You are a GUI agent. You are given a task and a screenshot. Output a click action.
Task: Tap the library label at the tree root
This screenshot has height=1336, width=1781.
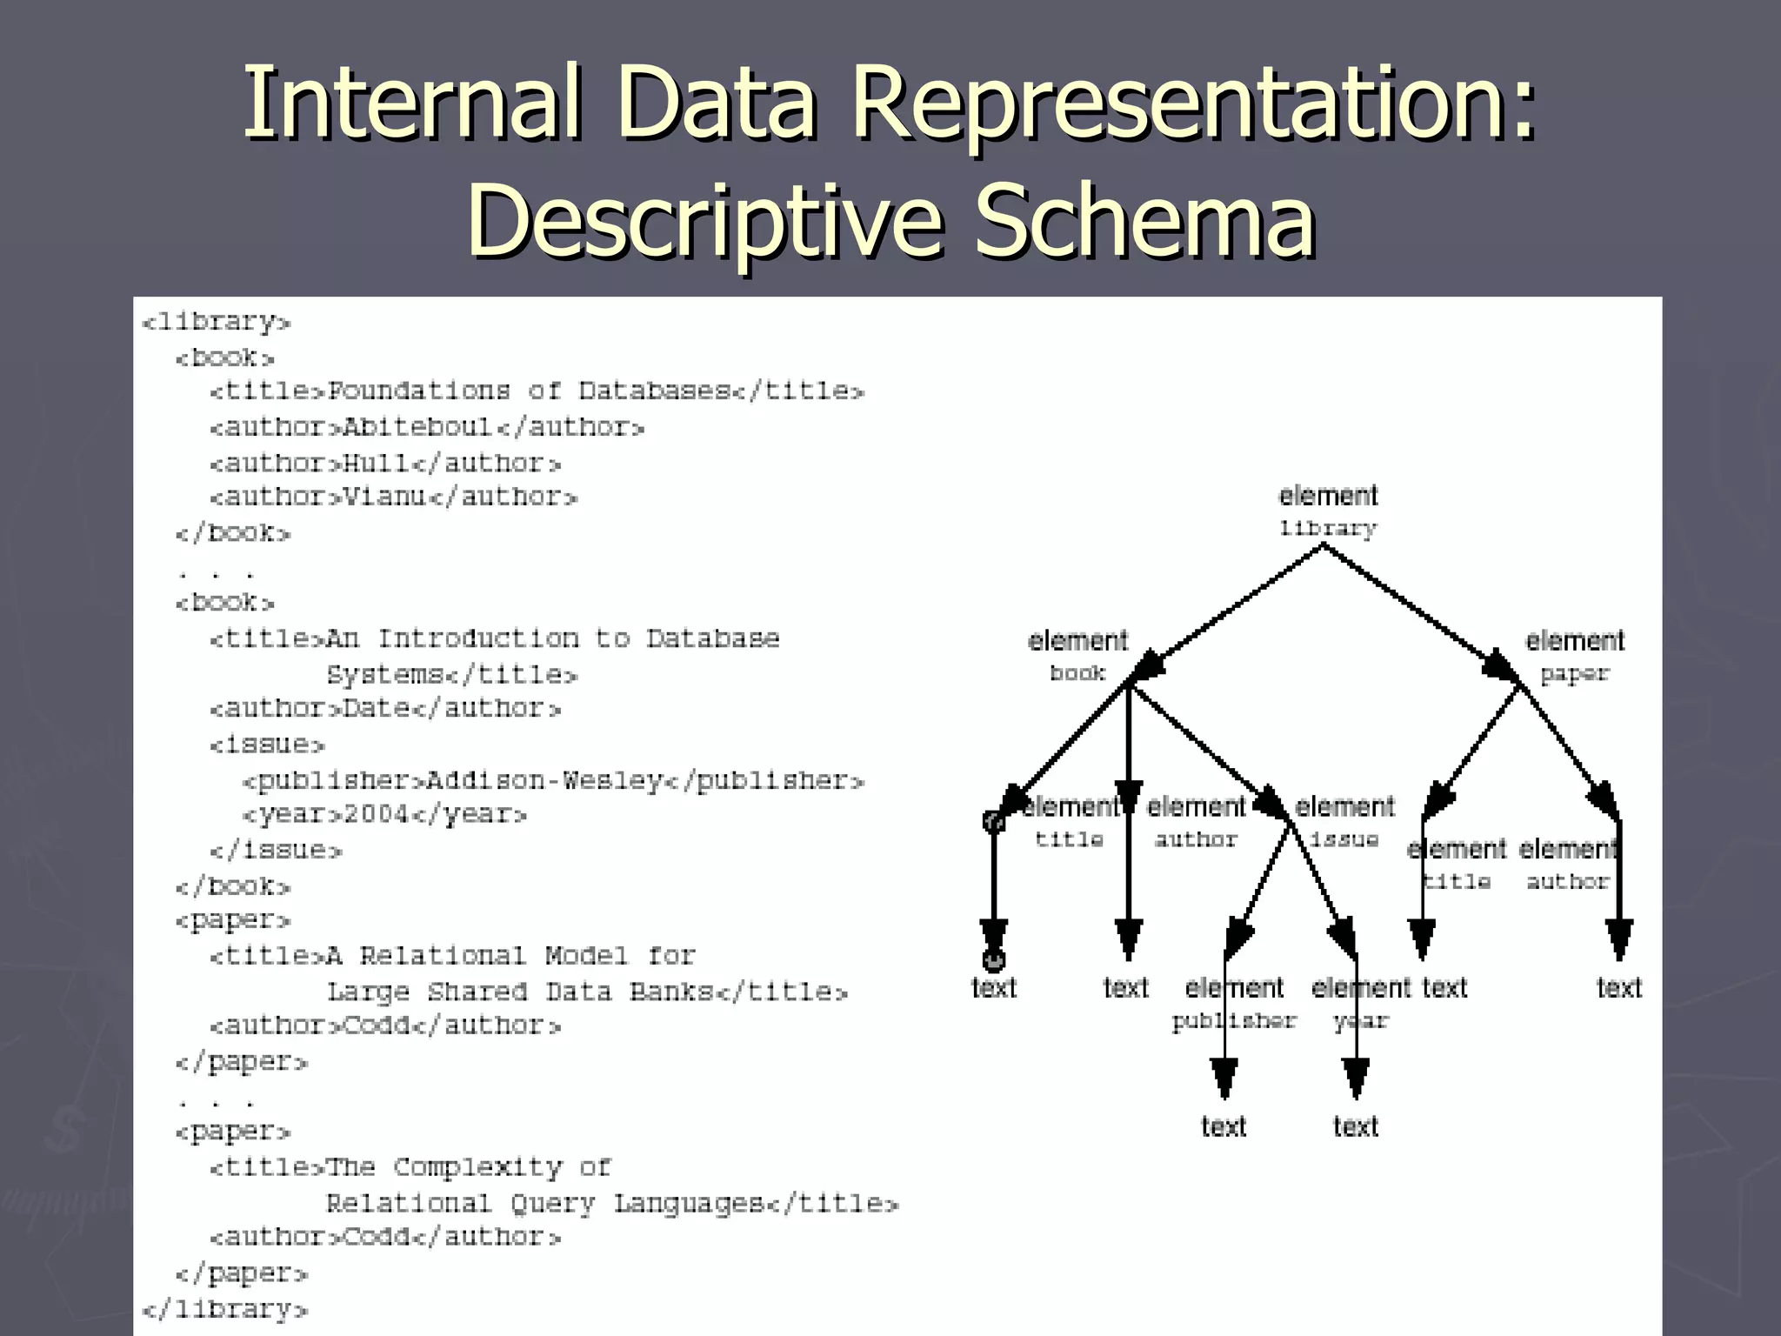pyautogui.click(x=1328, y=529)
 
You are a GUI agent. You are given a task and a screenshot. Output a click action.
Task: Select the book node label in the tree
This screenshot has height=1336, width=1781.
pyautogui.click(x=1077, y=673)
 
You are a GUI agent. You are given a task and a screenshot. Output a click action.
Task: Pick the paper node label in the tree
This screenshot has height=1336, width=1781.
pyautogui.click(x=1574, y=674)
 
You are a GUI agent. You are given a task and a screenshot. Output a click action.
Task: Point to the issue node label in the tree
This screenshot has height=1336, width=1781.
pyautogui.click(x=1344, y=839)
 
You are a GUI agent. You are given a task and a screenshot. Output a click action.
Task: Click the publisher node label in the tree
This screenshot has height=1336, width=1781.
pyautogui.click(x=1234, y=1021)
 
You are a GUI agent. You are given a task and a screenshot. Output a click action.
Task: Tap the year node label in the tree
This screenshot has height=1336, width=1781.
pyautogui.click(x=1361, y=1021)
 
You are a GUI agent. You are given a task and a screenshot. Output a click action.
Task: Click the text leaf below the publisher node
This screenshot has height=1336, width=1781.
pyautogui.click(x=1224, y=1127)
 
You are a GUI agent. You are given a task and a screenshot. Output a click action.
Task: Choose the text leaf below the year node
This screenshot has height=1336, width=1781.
pyautogui.click(x=1356, y=1127)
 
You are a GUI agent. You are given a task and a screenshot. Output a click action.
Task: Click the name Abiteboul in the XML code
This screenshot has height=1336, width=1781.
pyautogui.click(x=418, y=427)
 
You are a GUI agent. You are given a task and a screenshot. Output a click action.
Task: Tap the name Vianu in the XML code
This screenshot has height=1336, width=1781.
pyautogui.click(x=384, y=497)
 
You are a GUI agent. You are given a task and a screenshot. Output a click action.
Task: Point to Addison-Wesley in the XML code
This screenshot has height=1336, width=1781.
pyautogui.click(x=544, y=780)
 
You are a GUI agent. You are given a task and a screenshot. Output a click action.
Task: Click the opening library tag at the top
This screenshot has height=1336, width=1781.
pyautogui.click(x=216, y=323)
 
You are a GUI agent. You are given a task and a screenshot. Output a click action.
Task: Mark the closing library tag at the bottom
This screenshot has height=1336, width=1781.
pyautogui.click(x=224, y=1309)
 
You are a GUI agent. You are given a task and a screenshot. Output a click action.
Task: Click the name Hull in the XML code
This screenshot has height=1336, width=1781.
pyautogui.click(x=376, y=463)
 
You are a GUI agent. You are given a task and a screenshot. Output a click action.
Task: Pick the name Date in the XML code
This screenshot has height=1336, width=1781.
pyautogui.click(x=376, y=709)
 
